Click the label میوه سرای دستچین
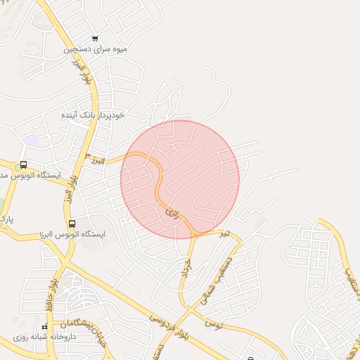(x=96, y=50)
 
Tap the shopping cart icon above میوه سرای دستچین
(x=96, y=39)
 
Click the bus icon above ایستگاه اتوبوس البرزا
(x=72, y=224)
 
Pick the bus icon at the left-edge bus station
(x=24, y=165)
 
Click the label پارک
(x=7, y=220)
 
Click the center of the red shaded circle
(x=180, y=179)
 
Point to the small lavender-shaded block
(x=31, y=140)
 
